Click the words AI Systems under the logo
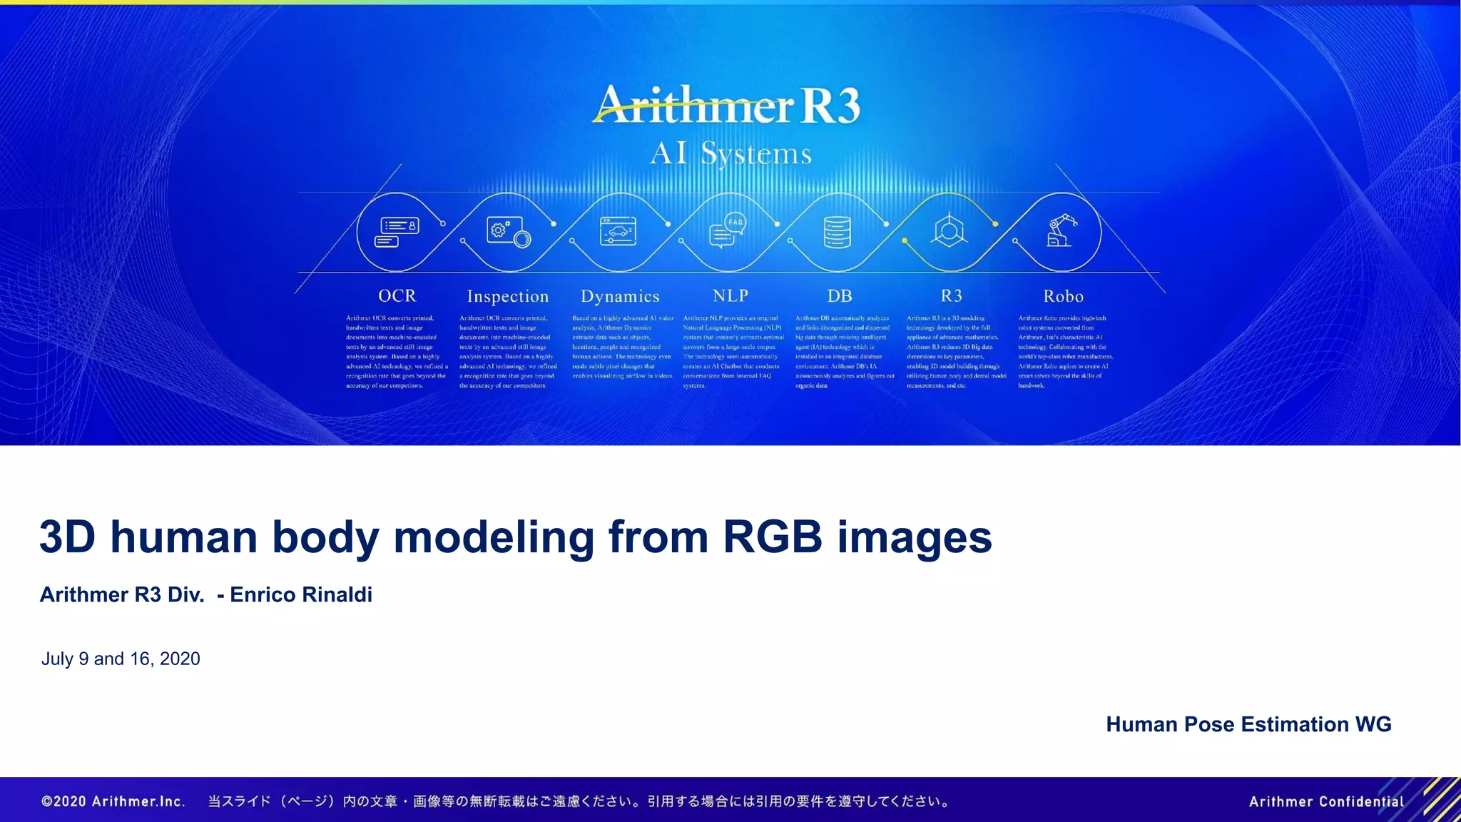[730, 153]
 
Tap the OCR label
[397, 296]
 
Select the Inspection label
[507, 297]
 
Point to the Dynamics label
[620, 297]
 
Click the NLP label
[730, 296]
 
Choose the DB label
[840, 296]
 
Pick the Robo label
[1063, 296]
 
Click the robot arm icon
[1061, 231]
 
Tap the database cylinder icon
[837, 232]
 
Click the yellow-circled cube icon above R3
[950, 231]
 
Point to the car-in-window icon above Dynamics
[618, 231]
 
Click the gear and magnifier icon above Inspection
[508, 231]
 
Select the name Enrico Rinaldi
[300, 594]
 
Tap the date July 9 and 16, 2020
[121, 659]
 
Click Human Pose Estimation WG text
[1248, 724]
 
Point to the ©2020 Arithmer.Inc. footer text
[113, 801]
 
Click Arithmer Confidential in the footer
[1326, 801]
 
